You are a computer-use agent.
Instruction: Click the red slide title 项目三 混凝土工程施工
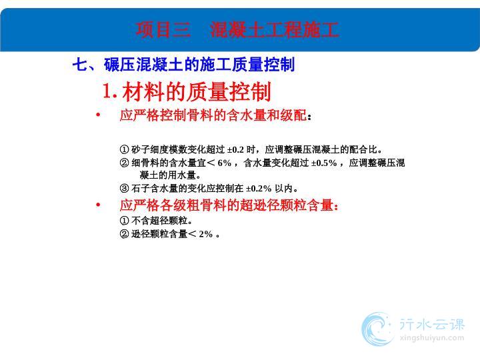click(237, 30)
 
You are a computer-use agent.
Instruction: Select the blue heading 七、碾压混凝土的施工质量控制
click(184, 65)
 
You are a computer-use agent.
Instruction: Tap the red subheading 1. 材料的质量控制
click(187, 91)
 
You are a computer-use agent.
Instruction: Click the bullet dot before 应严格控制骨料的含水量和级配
click(98, 115)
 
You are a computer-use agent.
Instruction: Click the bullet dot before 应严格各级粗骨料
click(98, 205)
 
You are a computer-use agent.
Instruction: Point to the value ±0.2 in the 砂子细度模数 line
click(235, 150)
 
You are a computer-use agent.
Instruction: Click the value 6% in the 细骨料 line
click(225, 163)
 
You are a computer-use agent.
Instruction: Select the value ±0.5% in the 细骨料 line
click(324, 163)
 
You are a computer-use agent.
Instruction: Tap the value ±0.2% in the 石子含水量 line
click(259, 188)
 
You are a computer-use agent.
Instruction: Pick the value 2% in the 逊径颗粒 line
click(206, 234)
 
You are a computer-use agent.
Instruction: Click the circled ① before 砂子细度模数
click(124, 150)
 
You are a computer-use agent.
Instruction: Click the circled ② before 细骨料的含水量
click(124, 163)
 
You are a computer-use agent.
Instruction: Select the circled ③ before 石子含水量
click(124, 188)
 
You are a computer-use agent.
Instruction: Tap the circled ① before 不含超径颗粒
click(124, 221)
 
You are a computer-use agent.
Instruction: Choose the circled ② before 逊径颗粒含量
click(124, 234)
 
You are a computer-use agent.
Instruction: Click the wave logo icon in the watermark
click(377, 329)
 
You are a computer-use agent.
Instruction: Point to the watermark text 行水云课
click(432, 324)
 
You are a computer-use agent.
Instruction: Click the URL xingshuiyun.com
click(431, 338)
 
